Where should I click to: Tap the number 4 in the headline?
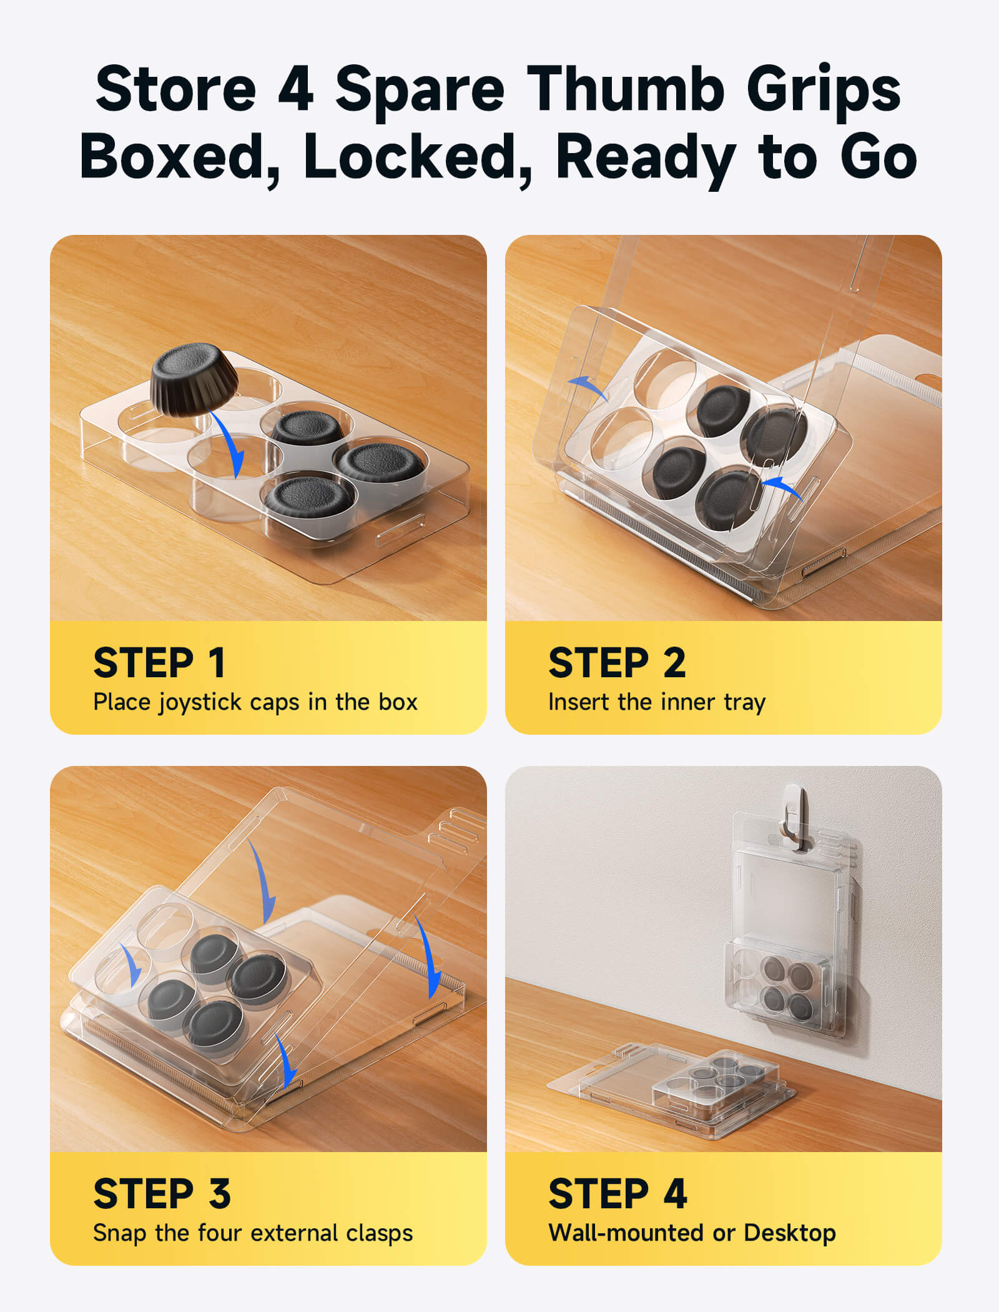click(295, 89)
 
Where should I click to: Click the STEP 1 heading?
click(159, 662)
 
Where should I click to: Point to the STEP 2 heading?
click(617, 662)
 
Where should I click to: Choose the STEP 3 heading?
click(162, 1193)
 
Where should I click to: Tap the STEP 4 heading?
click(618, 1193)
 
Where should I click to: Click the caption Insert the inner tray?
click(657, 702)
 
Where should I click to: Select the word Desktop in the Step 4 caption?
click(790, 1233)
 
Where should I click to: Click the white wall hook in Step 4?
click(794, 816)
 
